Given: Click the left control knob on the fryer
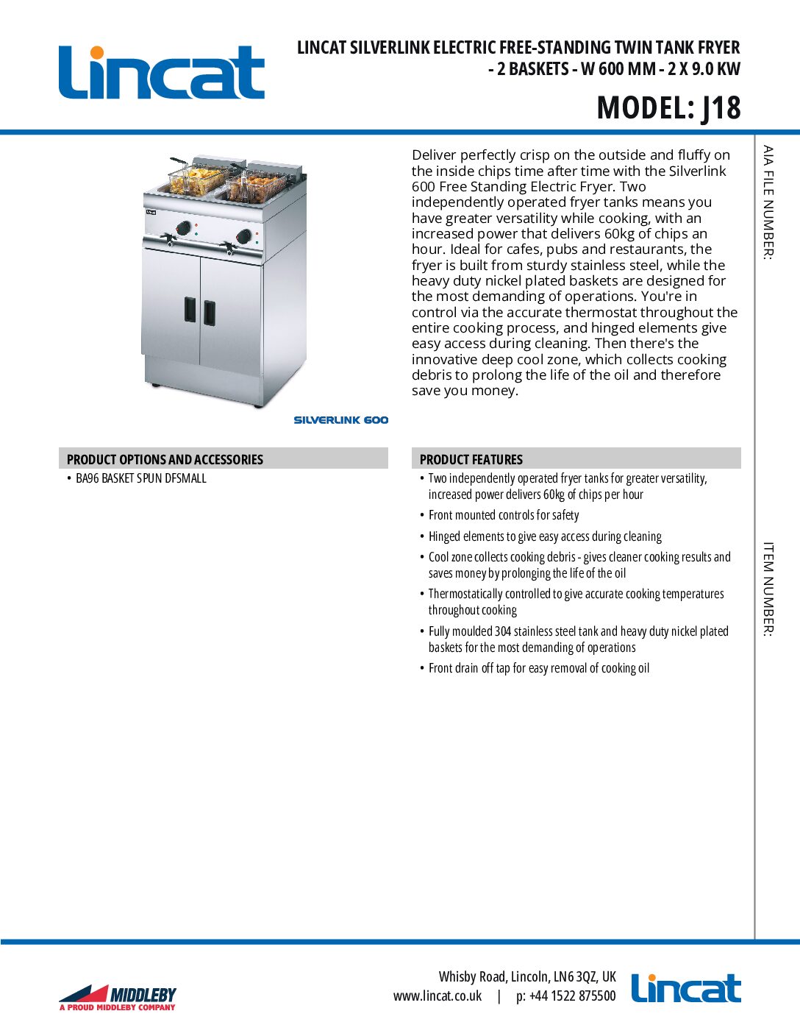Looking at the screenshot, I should click(184, 227).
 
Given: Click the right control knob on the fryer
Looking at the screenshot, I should click(243, 236).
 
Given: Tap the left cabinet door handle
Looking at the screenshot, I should click(190, 309).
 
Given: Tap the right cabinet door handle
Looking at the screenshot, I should click(210, 313).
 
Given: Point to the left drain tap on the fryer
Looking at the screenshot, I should click(170, 240).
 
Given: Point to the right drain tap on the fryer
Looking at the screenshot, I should click(229, 250).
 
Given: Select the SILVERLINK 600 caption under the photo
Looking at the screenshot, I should click(340, 420).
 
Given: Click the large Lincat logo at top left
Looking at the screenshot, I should click(162, 72).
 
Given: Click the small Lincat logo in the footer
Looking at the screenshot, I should click(686, 989).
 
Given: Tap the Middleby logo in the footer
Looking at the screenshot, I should click(118, 998).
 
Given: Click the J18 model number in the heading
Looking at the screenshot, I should click(721, 108).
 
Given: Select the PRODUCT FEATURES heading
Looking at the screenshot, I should click(471, 459).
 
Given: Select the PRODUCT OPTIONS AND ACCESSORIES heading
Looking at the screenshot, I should click(165, 459).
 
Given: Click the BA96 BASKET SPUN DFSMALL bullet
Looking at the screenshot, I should click(140, 478).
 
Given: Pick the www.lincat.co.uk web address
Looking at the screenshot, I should click(438, 996).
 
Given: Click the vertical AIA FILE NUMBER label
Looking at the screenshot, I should click(768, 202).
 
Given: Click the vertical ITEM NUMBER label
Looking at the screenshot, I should click(768, 589).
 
